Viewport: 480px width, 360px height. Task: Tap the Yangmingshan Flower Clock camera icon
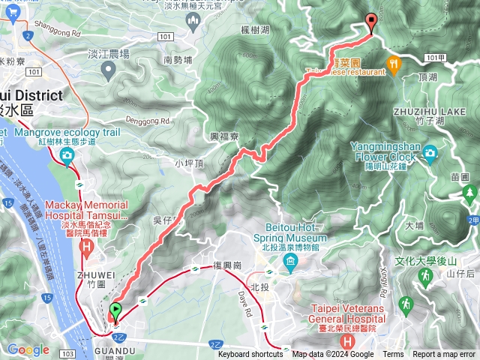pos(430,154)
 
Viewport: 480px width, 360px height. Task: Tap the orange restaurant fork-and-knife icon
pos(394,64)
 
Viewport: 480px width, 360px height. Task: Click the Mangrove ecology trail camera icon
pos(67,155)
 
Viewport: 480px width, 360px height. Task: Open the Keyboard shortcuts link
pos(250,355)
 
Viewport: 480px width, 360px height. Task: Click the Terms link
pos(393,355)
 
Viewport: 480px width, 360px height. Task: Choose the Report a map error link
pos(444,355)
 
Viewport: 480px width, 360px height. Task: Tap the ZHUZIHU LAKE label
pos(419,110)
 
